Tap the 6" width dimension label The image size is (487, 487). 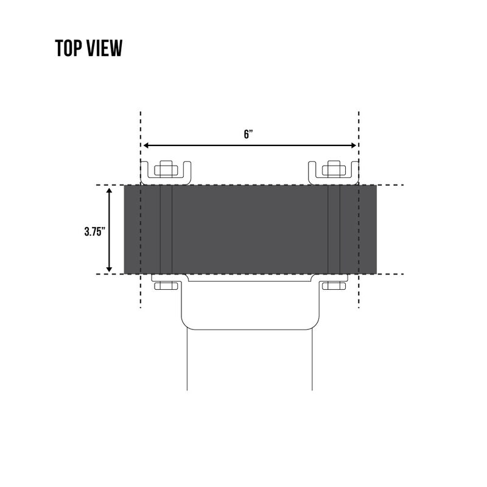(x=248, y=135)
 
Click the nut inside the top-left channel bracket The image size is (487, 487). (x=166, y=169)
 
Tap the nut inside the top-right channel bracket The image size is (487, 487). (x=334, y=169)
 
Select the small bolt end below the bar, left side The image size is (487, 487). (x=166, y=286)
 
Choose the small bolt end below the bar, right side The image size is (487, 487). (x=334, y=286)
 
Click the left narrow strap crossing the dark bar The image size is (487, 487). (x=166, y=229)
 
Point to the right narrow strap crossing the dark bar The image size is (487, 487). (x=334, y=229)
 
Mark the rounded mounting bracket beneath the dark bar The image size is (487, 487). (x=250, y=304)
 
